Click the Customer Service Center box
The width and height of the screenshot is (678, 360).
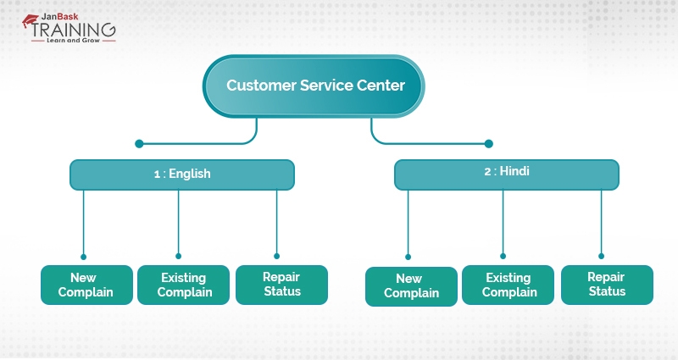[x=314, y=86]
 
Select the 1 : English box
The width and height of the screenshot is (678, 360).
[x=182, y=174]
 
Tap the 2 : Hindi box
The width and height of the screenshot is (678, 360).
[x=507, y=172]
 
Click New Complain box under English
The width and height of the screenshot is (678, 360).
[x=86, y=285]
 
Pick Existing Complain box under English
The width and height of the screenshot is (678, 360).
[x=183, y=285]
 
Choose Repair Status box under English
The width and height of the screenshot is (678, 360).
[x=281, y=285]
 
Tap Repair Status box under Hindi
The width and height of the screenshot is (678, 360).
[x=606, y=285]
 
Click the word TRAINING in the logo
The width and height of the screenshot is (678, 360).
[x=74, y=27]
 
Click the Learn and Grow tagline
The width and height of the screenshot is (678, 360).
[x=73, y=41]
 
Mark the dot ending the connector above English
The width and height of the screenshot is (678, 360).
[x=139, y=143]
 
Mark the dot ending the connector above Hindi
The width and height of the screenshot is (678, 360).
[x=488, y=143]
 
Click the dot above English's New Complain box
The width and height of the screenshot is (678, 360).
[x=83, y=256]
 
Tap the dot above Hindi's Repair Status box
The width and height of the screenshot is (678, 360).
[x=601, y=255]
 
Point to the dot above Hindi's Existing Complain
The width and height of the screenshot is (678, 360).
[x=503, y=255]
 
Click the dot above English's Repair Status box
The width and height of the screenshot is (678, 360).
[x=276, y=255]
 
